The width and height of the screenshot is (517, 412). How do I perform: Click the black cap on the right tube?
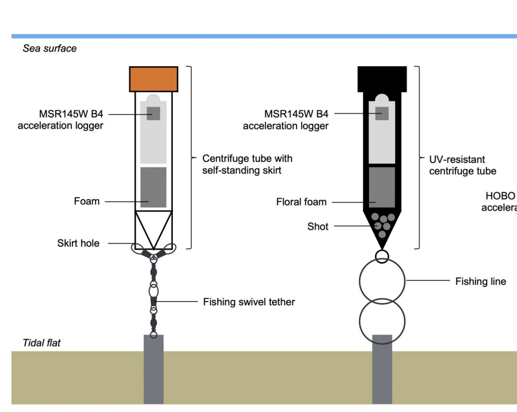point(382,79)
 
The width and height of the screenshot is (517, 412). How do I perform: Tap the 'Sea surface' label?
point(49,49)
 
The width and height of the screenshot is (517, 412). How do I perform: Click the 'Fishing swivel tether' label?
point(249,302)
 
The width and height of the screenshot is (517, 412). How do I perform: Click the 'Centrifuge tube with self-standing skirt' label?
point(247,164)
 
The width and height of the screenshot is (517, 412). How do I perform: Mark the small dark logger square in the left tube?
point(154,113)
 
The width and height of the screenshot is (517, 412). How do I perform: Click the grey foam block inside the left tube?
point(154,187)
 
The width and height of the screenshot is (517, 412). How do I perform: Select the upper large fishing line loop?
point(382,280)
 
